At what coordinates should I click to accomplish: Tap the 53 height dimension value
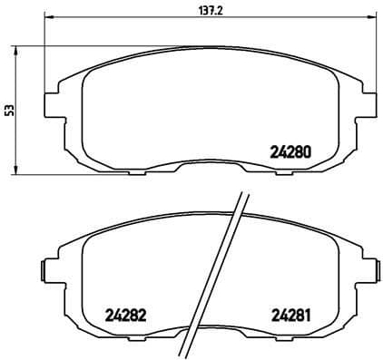(x=10, y=110)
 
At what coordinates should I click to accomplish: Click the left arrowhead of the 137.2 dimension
(x=49, y=17)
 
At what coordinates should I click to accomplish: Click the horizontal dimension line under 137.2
(x=136, y=17)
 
